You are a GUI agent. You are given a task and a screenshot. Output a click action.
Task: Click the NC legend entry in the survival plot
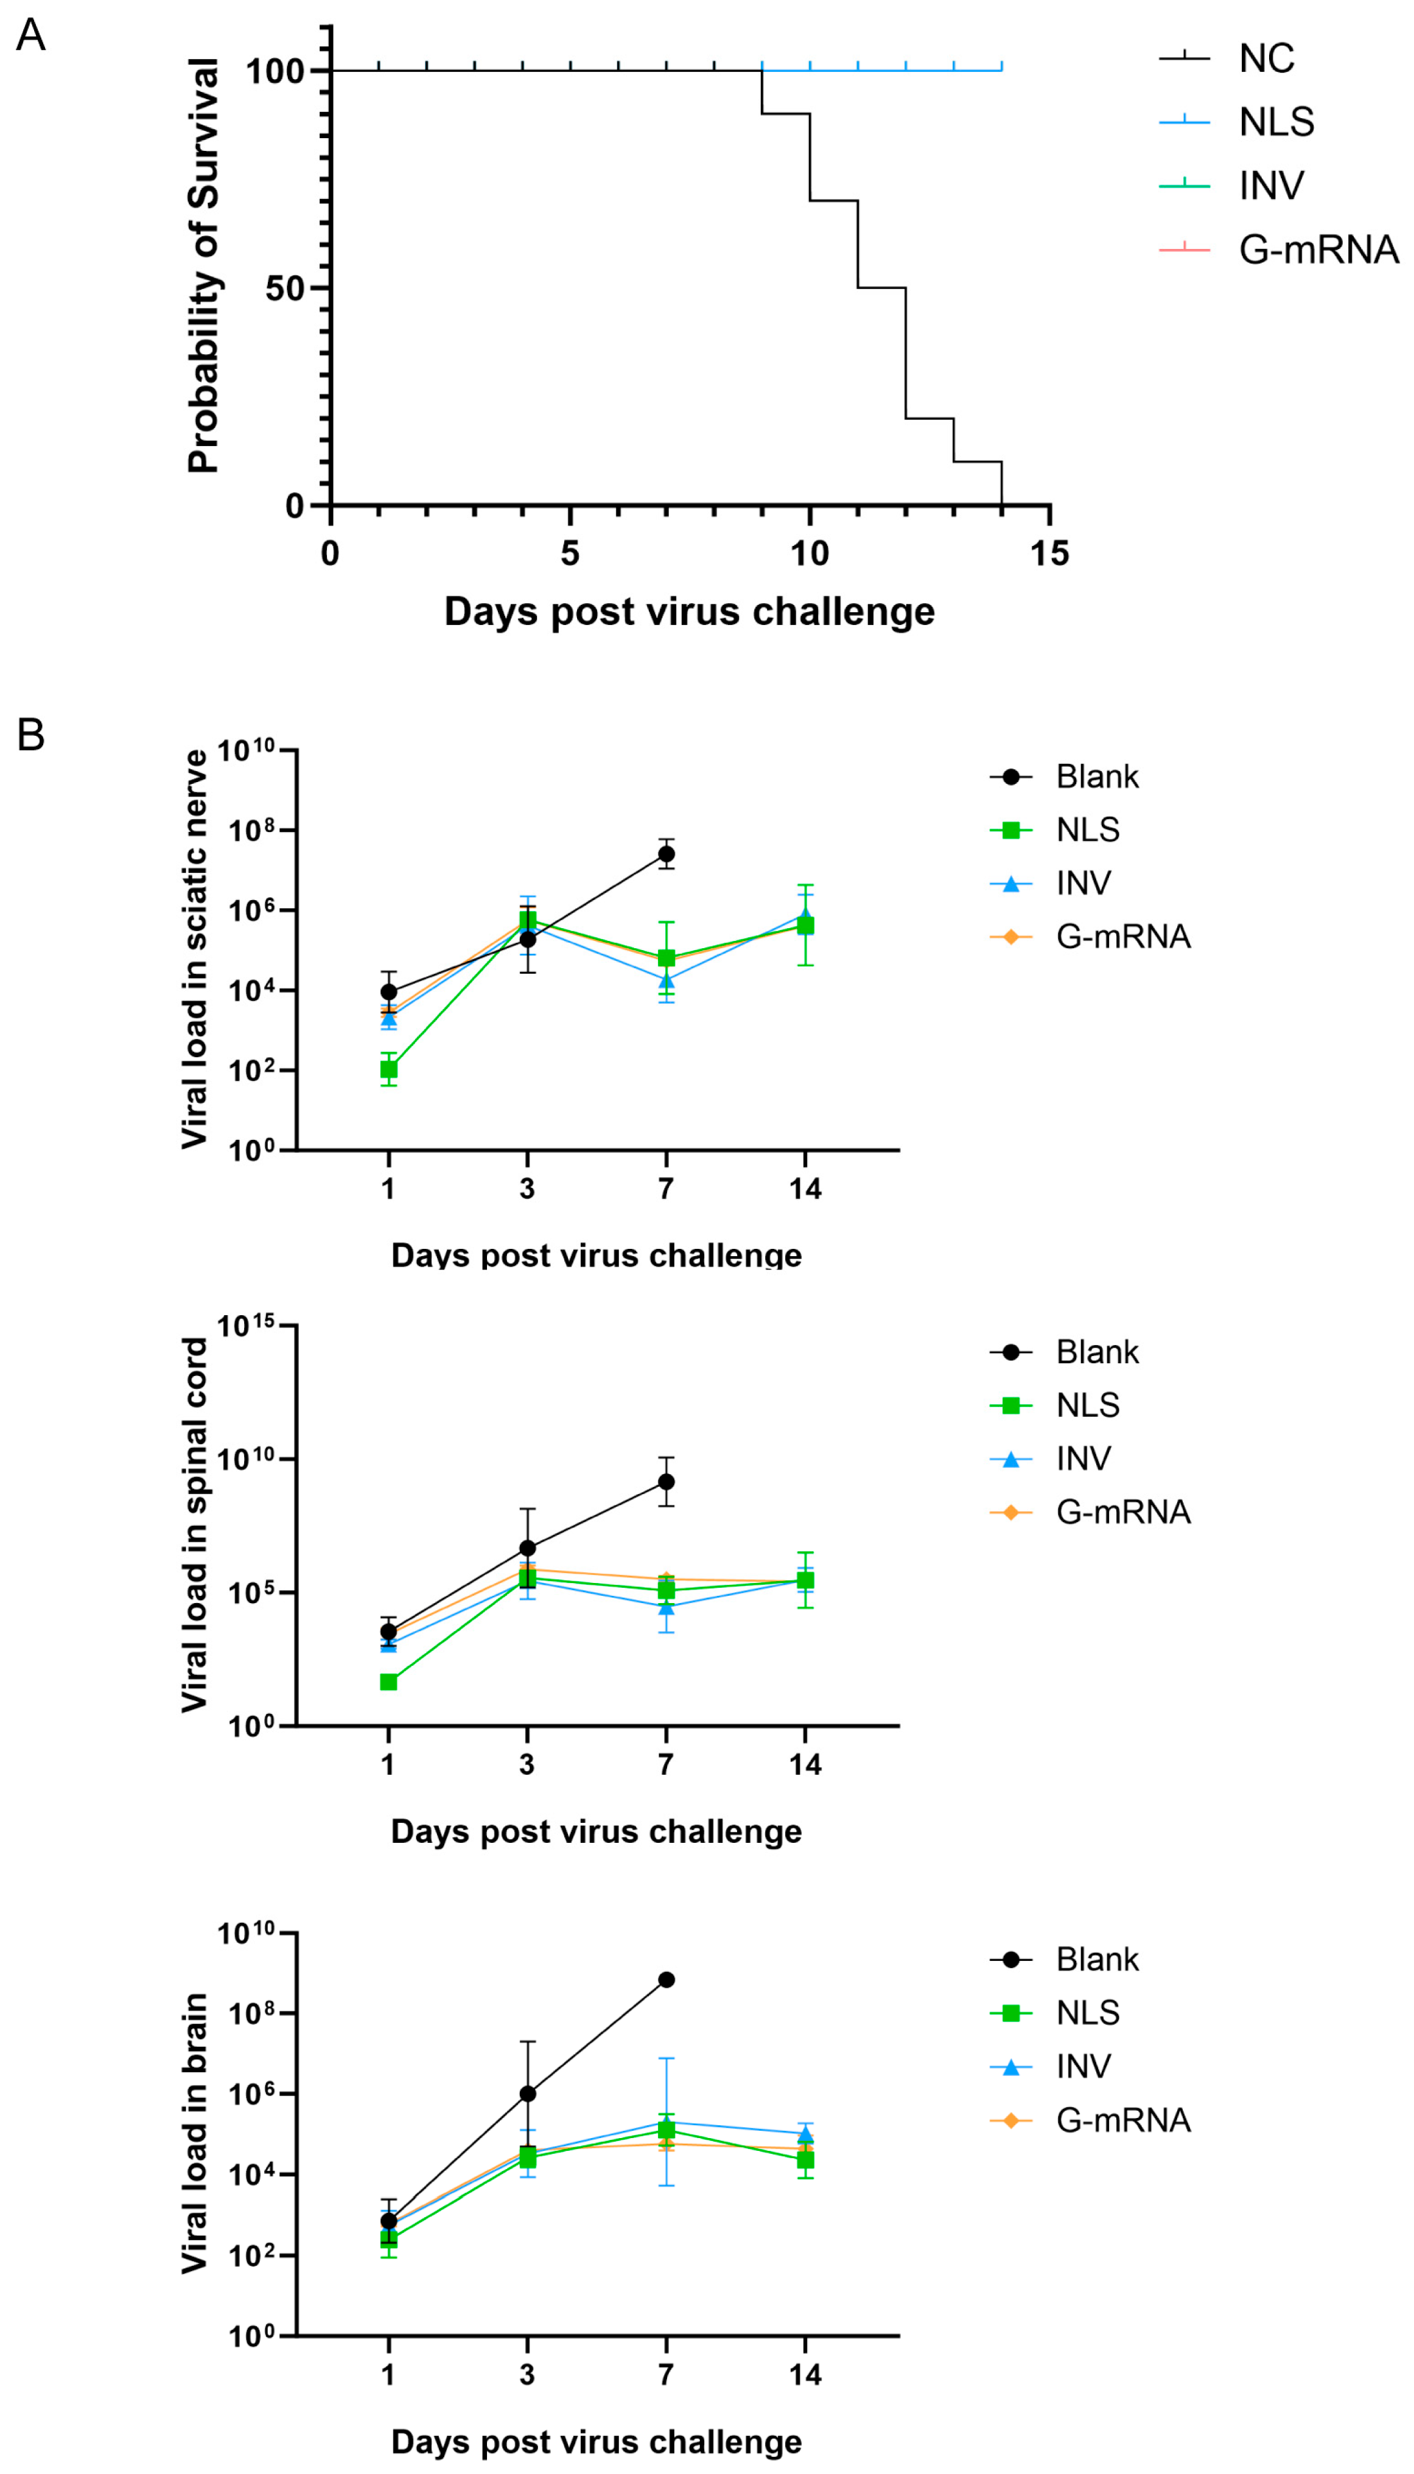(x=1265, y=59)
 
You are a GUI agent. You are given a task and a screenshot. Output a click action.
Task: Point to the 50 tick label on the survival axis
(x=284, y=288)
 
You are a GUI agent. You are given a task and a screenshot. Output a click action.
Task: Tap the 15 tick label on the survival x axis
(x=1049, y=553)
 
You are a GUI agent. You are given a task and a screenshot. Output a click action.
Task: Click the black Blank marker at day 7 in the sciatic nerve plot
(x=666, y=854)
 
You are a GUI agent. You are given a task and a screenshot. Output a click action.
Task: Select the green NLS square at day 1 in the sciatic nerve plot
(x=388, y=1069)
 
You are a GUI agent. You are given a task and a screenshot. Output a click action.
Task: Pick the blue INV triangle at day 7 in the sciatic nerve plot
(x=666, y=980)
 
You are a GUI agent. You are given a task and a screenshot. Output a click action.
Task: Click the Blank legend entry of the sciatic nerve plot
(x=1096, y=777)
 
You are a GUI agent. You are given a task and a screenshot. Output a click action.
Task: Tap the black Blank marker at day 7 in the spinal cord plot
(x=666, y=1482)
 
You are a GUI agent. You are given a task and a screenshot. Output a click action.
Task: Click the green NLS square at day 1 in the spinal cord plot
(x=388, y=1682)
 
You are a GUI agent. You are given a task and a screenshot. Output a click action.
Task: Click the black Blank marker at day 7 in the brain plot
(x=666, y=1979)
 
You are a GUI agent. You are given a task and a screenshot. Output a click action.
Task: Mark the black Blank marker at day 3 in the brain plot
(x=527, y=2094)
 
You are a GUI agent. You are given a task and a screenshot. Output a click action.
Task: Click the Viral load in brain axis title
(x=195, y=2132)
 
